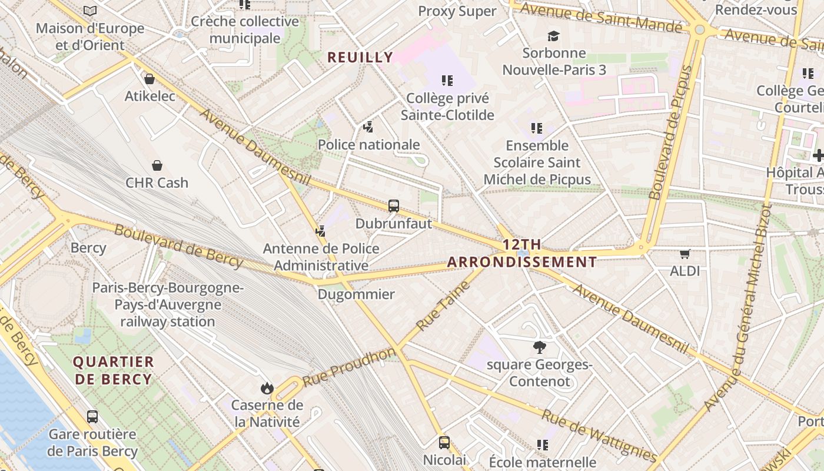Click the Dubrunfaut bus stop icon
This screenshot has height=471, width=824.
coord(394,206)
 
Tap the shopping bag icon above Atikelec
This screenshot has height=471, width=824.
coord(149,79)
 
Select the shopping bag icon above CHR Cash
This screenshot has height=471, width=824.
coord(157,165)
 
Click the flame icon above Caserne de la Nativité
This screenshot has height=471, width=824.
coord(267,388)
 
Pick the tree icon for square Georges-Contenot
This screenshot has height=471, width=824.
coord(539,347)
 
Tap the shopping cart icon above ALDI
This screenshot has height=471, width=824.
coord(685,254)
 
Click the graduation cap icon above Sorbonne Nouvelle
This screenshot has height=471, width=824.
coord(553,37)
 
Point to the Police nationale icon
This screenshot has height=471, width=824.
coord(368,127)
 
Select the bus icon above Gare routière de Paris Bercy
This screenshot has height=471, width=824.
coord(92,417)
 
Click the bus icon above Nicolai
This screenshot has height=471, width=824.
coord(444,442)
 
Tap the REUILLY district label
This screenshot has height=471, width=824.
coord(360,57)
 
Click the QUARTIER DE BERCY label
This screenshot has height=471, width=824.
coord(114,370)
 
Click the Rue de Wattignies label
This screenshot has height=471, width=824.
coord(599,436)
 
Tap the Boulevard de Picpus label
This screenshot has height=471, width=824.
coord(671,132)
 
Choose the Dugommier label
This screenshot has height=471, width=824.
coord(356,294)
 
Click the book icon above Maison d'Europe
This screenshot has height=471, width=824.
coord(89,11)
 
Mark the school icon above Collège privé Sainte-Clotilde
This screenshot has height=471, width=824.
coord(447,81)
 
